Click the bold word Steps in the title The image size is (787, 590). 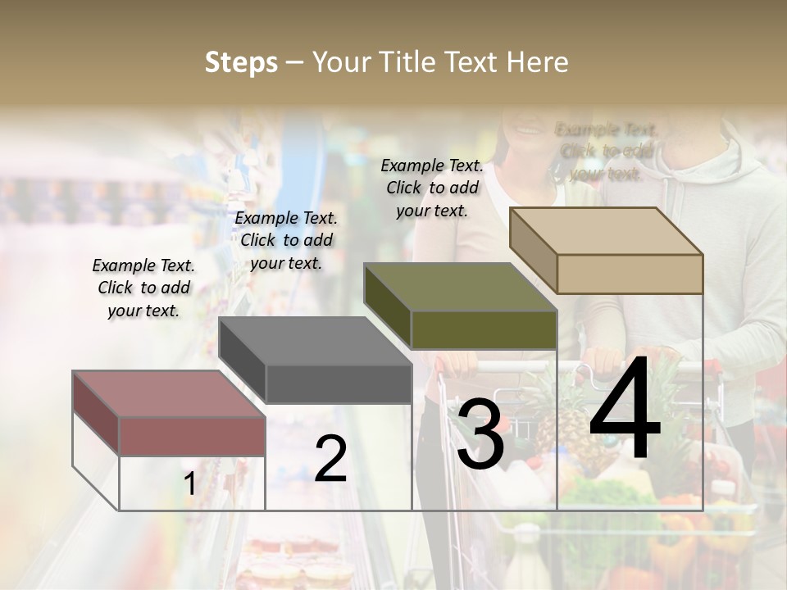(x=241, y=62)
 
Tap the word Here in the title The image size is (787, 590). (x=537, y=62)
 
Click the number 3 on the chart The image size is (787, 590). (x=480, y=436)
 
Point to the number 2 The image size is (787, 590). (x=330, y=458)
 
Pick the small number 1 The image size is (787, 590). (x=189, y=483)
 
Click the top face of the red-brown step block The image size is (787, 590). (x=168, y=393)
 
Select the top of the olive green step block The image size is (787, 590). (x=460, y=287)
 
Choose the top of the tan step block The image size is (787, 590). (x=606, y=230)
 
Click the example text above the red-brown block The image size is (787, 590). (x=143, y=288)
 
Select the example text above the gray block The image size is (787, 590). (x=286, y=240)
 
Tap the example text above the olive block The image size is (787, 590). (x=432, y=188)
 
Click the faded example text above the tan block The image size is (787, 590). (x=607, y=152)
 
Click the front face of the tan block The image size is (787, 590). (x=630, y=274)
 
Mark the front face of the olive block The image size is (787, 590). (x=484, y=330)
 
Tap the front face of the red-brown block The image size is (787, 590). (x=192, y=436)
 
